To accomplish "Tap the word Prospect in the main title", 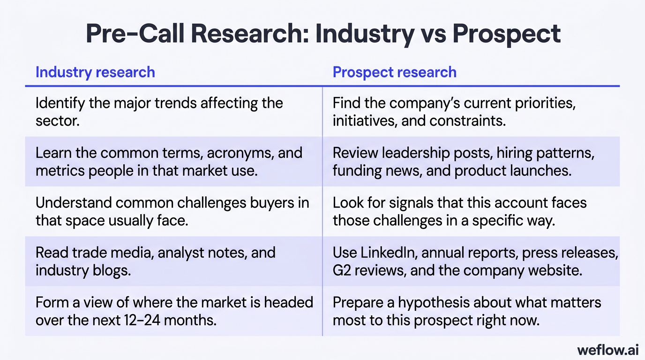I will click(507, 34).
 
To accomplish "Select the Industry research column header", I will click(95, 72).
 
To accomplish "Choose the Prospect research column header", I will click(394, 72).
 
